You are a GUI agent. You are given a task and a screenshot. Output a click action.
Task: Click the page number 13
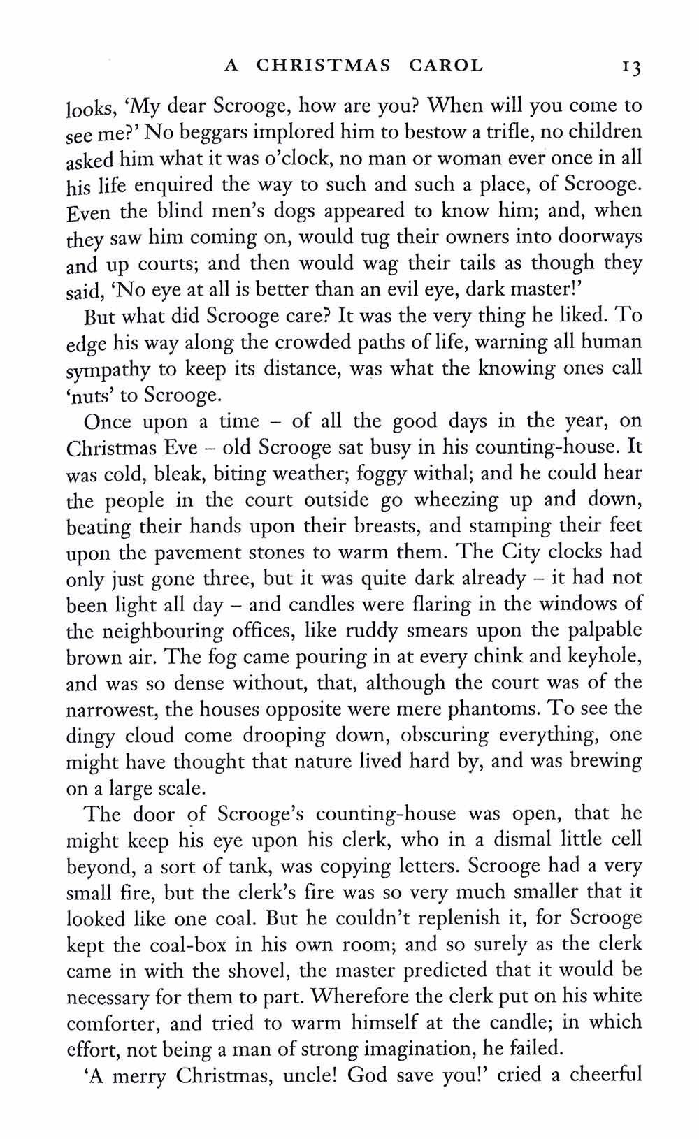(x=628, y=66)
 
